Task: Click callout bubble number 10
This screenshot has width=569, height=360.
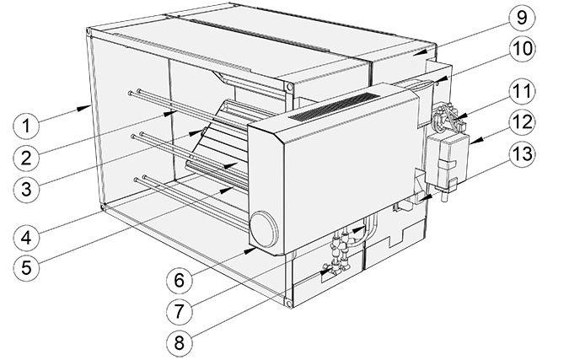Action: click(x=523, y=48)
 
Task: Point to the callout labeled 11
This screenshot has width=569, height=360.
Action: click(x=523, y=91)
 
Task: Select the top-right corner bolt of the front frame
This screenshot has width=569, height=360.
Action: click(x=288, y=87)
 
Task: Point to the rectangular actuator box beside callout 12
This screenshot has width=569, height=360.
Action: click(x=447, y=157)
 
